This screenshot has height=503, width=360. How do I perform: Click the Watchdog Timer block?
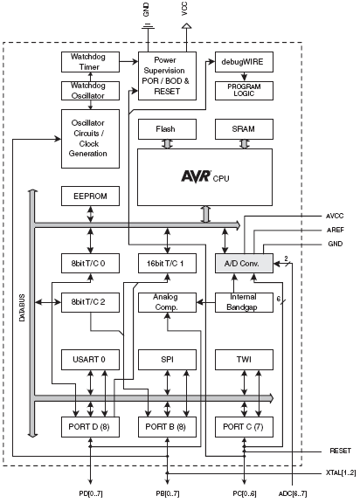coord(90,62)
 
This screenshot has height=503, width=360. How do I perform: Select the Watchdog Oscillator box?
coord(90,91)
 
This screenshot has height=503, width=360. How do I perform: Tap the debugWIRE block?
coord(244,62)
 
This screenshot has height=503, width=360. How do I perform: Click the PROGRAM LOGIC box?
coord(244,91)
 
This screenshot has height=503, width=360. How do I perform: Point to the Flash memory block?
coord(167,129)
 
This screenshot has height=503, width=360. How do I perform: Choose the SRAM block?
coord(244,129)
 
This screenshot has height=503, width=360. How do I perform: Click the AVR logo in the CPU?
coord(196,176)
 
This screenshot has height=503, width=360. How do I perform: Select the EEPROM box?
coord(90,196)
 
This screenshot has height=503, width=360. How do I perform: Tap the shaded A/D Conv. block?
coord(244,264)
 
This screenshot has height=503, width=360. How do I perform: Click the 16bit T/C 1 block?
coord(167,264)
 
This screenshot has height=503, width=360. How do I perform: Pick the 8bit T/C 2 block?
coord(90,302)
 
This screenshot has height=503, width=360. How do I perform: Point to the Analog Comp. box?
coord(167,302)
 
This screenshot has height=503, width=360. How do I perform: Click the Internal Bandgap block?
coord(244,302)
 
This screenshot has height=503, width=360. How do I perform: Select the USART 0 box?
coord(90,360)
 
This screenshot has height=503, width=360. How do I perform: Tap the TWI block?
coord(244,360)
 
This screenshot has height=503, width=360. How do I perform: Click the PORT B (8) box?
coord(167,427)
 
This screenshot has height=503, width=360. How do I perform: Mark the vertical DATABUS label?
coord(22,308)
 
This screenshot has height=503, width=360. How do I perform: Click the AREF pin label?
coord(336,230)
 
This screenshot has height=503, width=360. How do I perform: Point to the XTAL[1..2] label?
coord(341,472)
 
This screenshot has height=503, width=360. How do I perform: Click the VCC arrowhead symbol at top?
coord(186,25)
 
